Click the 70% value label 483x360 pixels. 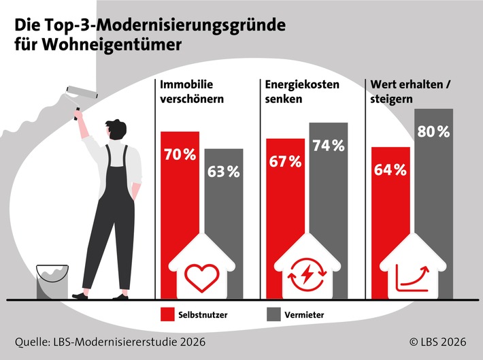(x=180, y=154)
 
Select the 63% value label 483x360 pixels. (x=224, y=171)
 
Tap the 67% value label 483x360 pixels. (x=284, y=161)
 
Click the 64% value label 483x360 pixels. (x=390, y=169)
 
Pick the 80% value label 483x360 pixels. (x=433, y=131)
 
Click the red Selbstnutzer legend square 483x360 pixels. (x=169, y=314)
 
